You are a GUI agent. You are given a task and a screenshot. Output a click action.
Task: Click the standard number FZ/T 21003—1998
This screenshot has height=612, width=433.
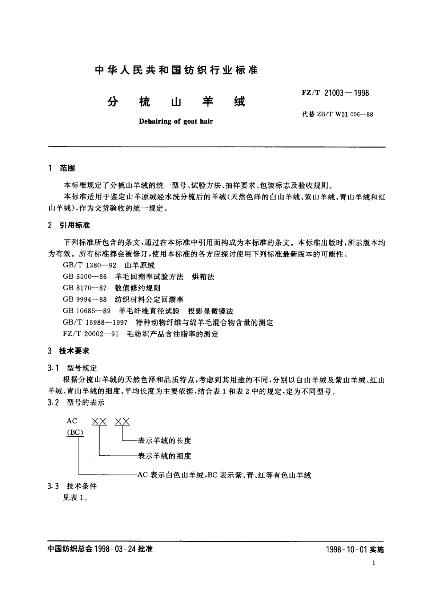(x=335, y=93)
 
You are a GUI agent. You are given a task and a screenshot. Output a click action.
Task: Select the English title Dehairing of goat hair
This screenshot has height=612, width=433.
(x=176, y=121)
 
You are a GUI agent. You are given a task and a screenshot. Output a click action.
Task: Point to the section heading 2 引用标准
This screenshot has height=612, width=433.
(x=69, y=225)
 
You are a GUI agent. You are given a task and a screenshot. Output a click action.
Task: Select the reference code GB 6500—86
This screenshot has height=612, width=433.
(x=85, y=277)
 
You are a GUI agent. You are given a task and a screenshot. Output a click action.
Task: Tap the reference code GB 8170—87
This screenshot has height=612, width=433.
(x=85, y=288)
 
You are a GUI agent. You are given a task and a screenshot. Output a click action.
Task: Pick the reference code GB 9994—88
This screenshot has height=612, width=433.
(x=85, y=299)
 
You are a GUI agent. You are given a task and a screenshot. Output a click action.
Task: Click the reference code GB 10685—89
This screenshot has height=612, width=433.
(x=87, y=311)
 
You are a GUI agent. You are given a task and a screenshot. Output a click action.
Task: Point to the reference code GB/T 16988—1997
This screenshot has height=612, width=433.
(x=95, y=322)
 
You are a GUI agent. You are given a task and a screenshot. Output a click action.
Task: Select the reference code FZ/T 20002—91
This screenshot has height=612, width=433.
(x=91, y=334)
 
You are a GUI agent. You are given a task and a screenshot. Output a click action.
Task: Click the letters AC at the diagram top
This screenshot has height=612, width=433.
(x=72, y=421)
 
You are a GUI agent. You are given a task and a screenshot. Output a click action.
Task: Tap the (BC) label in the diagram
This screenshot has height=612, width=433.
(x=75, y=432)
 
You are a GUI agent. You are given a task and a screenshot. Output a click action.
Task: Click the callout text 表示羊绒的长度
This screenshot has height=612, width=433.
(x=164, y=441)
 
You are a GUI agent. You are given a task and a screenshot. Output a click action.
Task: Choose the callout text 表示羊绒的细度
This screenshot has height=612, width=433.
(x=164, y=456)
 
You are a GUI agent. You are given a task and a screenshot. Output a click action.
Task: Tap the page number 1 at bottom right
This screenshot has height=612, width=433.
(x=374, y=563)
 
